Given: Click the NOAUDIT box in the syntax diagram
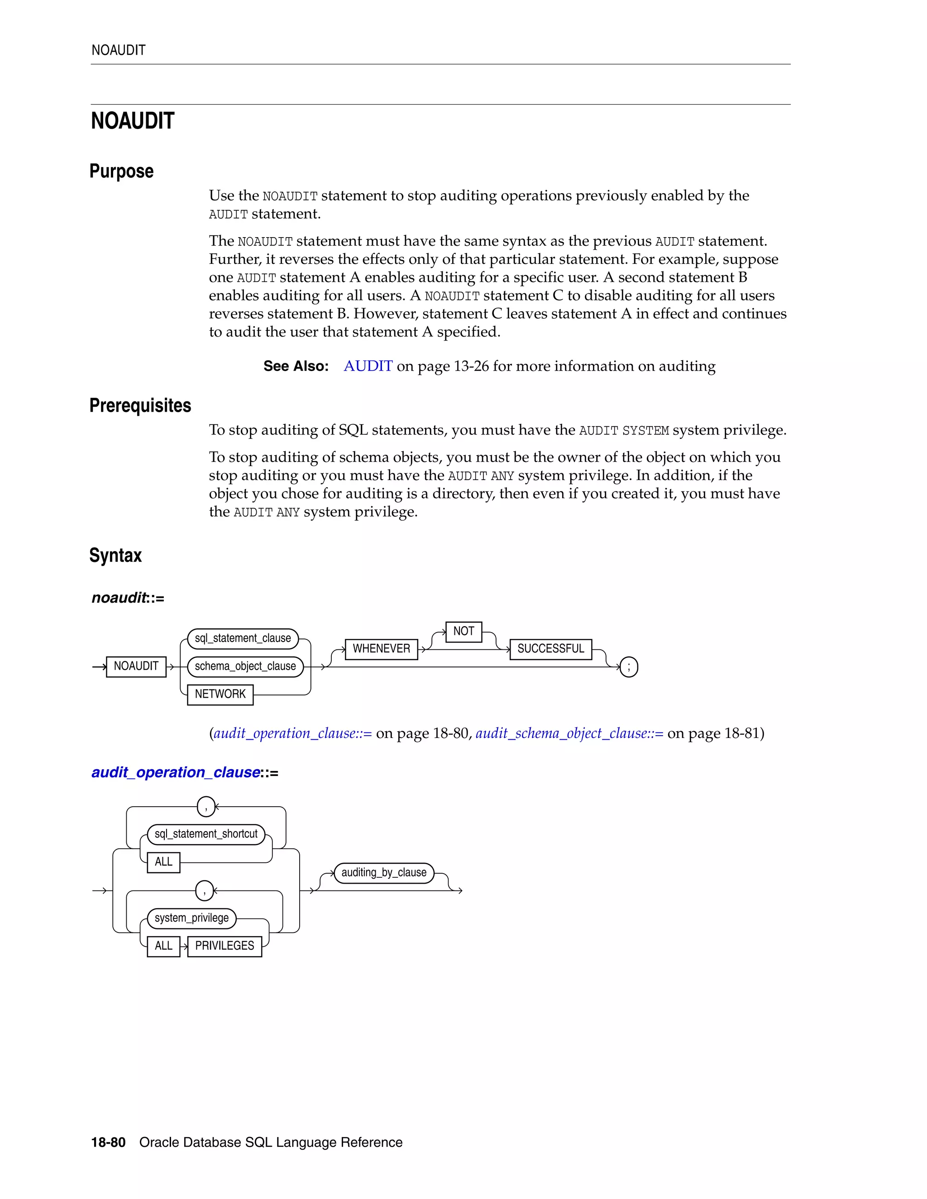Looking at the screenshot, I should pyautogui.click(x=136, y=666).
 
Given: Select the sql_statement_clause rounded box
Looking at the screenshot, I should pyautogui.click(x=243, y=638).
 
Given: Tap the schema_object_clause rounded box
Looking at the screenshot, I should pyautogui.click(x=245, y=666).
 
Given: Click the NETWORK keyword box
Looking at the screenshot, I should pyautogui.click(x=220, y=694).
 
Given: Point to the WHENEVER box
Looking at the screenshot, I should pyautogui.click(x=381, y=648).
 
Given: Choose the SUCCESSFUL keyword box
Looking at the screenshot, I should pyautogui.click(x=550, y=648).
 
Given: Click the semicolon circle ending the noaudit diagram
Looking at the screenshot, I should pyautogui.click(x=628, y=667).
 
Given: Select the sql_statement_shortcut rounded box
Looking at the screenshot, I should pyautogui.click(x=206, y=834).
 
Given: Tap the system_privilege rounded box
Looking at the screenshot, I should pyautogui.click(x=191, y=918).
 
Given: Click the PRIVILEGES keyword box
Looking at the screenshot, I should pyautogui.click(x=225, y=946).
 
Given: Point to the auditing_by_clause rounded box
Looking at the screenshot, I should pyautogui.click(x=384, y=872).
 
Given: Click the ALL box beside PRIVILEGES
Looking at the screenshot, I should pyautogui.click(x=163, y=946).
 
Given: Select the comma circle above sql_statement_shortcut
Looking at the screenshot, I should pyautogui.click(x=206, y=806).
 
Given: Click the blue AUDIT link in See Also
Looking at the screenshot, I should pyautogui.click(x=368, y=366).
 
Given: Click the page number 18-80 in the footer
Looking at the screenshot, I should pyautogui.click(x=108, y=1142).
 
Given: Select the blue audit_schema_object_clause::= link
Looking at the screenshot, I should pyautogui.click(x=569, y=733).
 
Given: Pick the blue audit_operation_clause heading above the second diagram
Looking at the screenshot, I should pyautogui.click(x=176, y=772).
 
